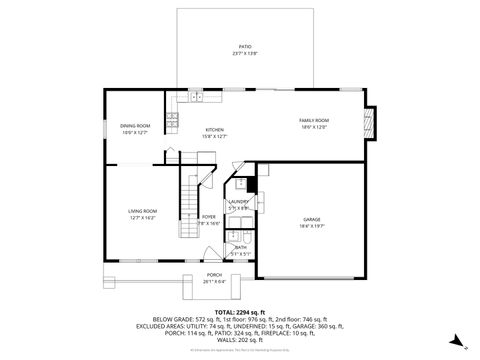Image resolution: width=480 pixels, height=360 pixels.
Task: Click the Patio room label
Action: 243,47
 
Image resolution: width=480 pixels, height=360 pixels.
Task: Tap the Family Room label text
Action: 314,121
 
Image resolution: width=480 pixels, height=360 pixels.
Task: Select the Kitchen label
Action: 215,130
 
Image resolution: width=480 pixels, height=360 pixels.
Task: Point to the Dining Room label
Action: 135,126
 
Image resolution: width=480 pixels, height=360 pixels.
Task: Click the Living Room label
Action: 142,210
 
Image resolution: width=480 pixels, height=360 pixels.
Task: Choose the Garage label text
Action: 312,219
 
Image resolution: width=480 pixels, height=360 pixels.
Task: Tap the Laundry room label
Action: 238,202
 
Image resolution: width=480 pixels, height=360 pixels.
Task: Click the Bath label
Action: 240,247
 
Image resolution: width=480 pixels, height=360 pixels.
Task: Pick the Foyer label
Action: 209,217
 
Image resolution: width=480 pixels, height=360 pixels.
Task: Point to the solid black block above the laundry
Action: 252,184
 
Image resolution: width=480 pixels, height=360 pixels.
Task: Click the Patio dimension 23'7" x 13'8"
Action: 243,53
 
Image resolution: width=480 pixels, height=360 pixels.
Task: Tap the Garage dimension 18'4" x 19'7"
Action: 312,226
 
